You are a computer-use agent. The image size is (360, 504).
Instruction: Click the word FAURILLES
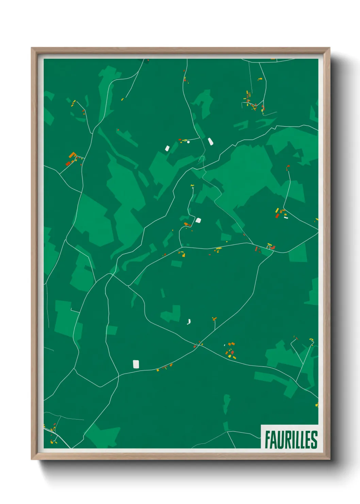pyautogui.click(x=291, y=439)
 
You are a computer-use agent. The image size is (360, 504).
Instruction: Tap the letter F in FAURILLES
pyautogui.click(x=268, y=439)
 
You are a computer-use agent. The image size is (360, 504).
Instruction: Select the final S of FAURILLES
pyautogui.click(x=314, y=439)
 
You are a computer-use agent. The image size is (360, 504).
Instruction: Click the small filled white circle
pyautogui.click(x=188, y=142)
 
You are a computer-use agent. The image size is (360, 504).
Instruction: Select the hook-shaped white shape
pyautogui.click(x=189, y=321)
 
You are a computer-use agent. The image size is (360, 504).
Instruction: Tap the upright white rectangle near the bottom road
pyautogui.click(x=136, y=364)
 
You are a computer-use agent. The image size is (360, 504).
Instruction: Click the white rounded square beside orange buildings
pyautogui.click(x=198, y=220)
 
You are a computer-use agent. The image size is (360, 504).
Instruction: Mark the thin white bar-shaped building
pyautogui.click(x=286, y=217)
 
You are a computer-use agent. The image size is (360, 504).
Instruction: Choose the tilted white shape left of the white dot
pyautogui.click(x=167, y=148)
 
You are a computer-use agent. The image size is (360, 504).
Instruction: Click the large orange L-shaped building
pyautogui.click(x=72, y=155)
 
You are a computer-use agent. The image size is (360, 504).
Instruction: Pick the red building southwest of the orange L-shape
pyautogui.click(x=68, y=164)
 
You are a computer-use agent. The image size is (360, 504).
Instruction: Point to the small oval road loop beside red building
pyautogui.click(x=268, y=248)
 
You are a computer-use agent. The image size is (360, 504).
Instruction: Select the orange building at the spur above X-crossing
pyautogui.click(x=214, y=319)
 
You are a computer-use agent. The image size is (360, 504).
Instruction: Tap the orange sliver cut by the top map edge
pyautogui.click(x=273, y=59)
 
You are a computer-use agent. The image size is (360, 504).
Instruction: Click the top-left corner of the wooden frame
pyautogui.click(x=32, y=48)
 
